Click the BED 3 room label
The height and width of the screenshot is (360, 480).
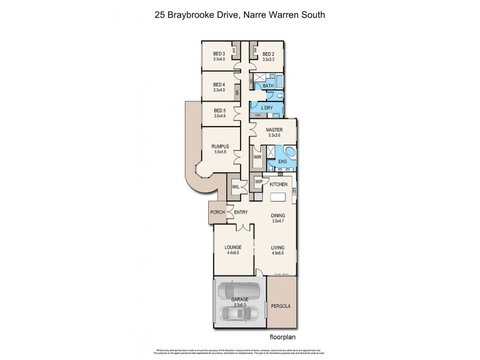pyautogui.click(x=218, y=53)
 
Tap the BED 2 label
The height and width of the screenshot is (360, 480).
pyautogui.click(x=268, y=53)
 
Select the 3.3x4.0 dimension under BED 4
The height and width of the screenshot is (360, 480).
pyautogui.click(x=218, y=90)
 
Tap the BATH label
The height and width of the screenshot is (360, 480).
pyautogui.click(x=268, y=86)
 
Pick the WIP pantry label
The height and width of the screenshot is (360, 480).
pyautogui.click(x=259, y=182)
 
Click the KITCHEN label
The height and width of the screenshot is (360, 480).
pyautogui.click(x=279, y=185)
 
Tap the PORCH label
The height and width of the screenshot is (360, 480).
pyautogui.click(x=216, y=212)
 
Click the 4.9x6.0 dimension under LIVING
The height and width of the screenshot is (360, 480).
pyautogui.click(x=277, y=253)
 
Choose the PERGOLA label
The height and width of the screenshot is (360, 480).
pyautogui.click(x=280, y=306)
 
